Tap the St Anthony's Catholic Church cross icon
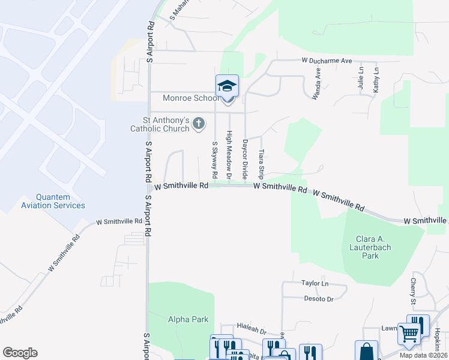pyautogui.click(x=199, y=125)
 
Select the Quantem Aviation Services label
pyautogui.click(x=53, y=201)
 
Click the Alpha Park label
pyautogui.click(x=188, y=319)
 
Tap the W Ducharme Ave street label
pyautogui.click(x=327, y=61)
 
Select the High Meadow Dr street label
pyautogui.click(x=229, y=155)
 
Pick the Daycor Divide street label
pyautogui.click(x=245, y=159)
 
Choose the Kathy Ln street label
pyautogui.click(x=376, y=79)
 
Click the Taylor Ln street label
pyautogui.click(x=315, y=283)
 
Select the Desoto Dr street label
pyautogui.click(x=318, y=298)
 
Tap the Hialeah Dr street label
pyautogui.click(x=251, y=330)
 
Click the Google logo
pyautogui.click(x=20, y=353)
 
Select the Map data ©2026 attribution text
pyautogui.click(x=423, y=355)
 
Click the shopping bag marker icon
pyautogui.click(x=366, y=351)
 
